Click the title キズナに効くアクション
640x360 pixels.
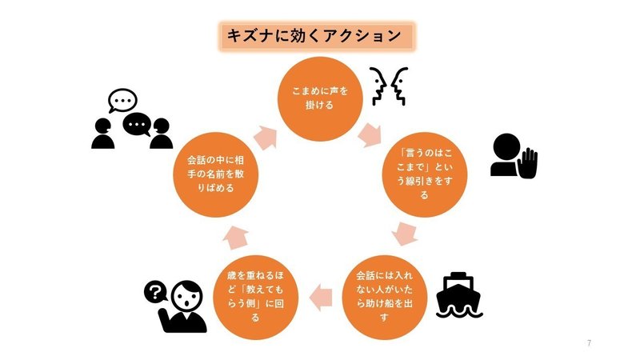(x=318, y=35)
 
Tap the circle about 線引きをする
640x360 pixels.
(x=424, y=171)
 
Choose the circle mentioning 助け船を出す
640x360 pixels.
(x=386, y=294)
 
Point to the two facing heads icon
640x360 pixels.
(x=390, y=86)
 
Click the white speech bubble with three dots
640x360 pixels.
(x=122, y=101)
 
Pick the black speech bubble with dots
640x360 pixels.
(x=138, y=125)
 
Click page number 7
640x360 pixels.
(x=589, y=343)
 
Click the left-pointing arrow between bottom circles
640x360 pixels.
(x=320, y=294)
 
